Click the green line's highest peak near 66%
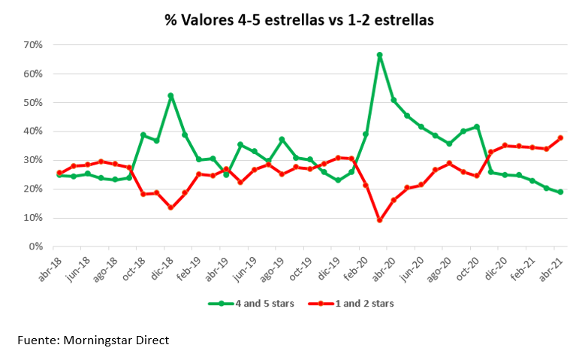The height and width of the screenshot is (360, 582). (x=380, y=55)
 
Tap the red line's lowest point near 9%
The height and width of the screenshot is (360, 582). (x=380, y=220)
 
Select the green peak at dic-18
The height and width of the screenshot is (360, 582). (x=171, y=95)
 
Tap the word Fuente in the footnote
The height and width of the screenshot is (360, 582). (x=38, y=340)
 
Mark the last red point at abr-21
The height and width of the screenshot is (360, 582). (x=560, y=138)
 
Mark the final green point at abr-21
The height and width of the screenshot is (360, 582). (x=560, y=192)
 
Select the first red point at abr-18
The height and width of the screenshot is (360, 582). (x=60, y=173)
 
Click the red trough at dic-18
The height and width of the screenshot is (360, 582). (x=171, y=207)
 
